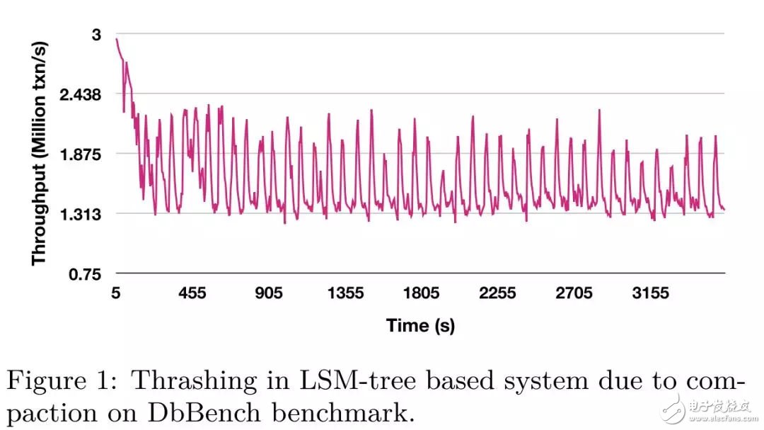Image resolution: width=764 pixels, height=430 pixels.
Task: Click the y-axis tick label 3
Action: [x=98, y=35]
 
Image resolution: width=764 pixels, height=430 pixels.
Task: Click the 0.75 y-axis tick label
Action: [x=86, y=274]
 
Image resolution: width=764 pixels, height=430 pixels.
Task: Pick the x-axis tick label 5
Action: [x=115, y=293]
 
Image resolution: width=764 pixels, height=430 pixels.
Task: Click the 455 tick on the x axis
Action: [x=192, y=293]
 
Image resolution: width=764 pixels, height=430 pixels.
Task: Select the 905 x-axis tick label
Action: [x=268, y=293]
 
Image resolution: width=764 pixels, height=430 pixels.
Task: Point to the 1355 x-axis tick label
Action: [x=345, y=293]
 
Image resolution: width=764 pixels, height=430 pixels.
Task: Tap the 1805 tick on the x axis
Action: [x=421, y=293]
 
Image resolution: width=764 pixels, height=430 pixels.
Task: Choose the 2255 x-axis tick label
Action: [x=497, y=293]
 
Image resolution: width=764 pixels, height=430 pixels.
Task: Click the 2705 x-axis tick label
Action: [x=574, y=293]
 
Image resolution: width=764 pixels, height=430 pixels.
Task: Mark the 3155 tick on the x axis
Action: [x=650, y=293]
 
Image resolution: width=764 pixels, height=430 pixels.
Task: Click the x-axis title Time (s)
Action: [x=420, y=325]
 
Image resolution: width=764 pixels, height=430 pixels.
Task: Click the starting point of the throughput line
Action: [x=116, y=39]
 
